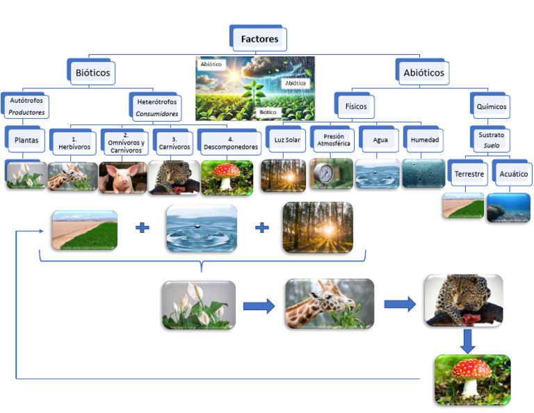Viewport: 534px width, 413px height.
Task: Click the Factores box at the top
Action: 259,38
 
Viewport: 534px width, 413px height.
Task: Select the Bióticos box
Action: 92,72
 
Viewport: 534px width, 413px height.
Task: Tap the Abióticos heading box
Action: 423,72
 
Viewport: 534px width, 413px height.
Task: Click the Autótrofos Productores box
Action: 27,106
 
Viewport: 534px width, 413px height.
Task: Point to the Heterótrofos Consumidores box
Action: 156,107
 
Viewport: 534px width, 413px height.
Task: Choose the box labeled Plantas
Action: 26,140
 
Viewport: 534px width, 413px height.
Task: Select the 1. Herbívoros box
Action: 74,143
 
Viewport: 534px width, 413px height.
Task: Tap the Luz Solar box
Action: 287,140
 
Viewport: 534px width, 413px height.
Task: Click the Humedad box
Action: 424,140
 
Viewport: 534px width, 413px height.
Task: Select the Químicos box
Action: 492,107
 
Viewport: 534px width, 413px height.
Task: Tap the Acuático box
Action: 513,173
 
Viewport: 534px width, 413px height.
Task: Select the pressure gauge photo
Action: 331,175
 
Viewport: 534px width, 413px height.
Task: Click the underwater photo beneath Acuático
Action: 508,208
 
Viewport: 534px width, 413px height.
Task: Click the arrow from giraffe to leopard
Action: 400,304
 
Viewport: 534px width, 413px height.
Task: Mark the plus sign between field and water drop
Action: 142,227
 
